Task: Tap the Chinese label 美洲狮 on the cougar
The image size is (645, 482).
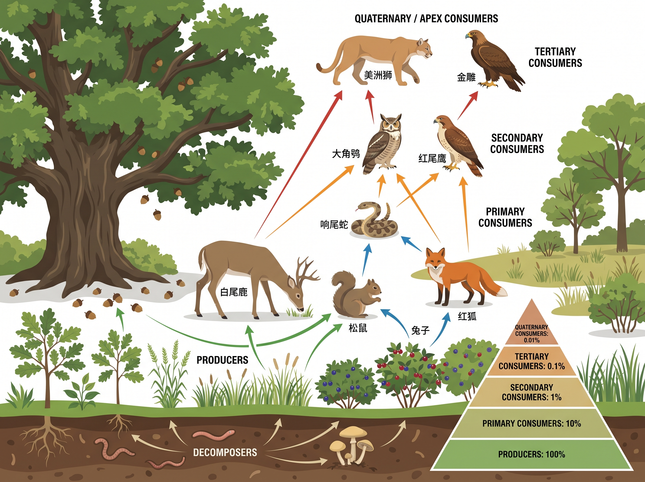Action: pyautogui.click(x=378, y=75)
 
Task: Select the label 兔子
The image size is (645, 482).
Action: pyautogui.click(x=420, y=330)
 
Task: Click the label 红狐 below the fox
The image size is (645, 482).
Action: pyautogui.click(x=467, y=316)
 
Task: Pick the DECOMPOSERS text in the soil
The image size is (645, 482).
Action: pyautogui.click(x=225, y=452)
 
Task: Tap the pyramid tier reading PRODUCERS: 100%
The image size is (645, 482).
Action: pyautogui.click(x=531, y=454)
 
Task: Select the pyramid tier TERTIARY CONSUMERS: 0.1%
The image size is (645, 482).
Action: pyautogui.click(x=531, y=361)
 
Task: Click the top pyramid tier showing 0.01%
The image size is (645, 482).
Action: pyautogui.click(x=531, y=333)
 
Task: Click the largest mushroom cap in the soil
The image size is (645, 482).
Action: pyautogui.click(x=353, y=431)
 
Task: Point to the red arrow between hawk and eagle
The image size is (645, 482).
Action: pyautogui.click(x=468, y=105)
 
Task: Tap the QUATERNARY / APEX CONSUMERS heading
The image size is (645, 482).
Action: pyautogui.click(x=426, y=19)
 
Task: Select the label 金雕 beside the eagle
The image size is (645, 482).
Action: pyautogui.click(x=466, y=77)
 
